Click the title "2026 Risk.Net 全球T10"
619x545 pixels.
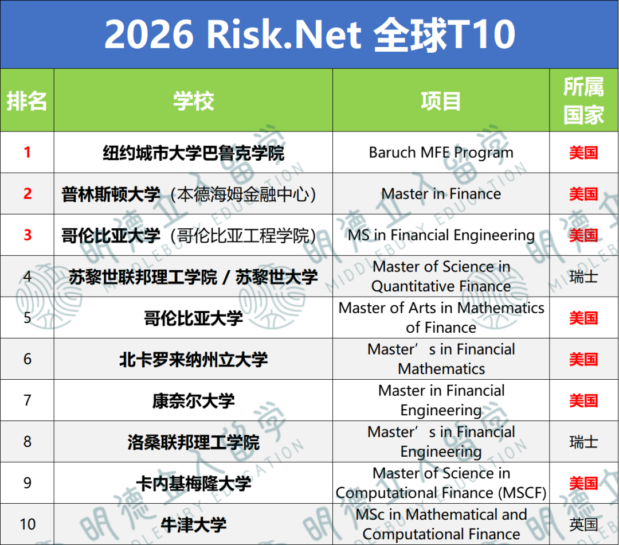(x=309, y=34)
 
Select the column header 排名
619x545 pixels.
(x=27, y=101)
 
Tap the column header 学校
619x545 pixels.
(x=193, y=101)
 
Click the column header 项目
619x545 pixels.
(x=441, y=101)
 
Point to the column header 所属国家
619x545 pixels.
(x=583, y=101)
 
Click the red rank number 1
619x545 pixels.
(x=27, y=153)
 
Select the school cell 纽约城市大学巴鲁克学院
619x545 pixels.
(x=193, y=153)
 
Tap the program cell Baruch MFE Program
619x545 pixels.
(x=441, y=153)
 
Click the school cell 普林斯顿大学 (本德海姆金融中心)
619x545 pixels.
(x=189, y=194)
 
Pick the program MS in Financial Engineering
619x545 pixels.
(x=441, y=235)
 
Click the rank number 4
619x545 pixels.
(x=27, y=277)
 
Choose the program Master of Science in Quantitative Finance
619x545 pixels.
(x=441, y=276)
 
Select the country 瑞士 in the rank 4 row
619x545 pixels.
(x=583, y=277)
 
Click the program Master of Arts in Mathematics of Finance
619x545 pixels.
(x=441, y=317)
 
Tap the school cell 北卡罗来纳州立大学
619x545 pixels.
(x=193, y=360)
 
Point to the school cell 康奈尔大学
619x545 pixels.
(x=193, y=401)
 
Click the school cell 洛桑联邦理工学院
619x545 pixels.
(x=193, y=442)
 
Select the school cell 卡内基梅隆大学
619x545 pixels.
(x=193, y=484)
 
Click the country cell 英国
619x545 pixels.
(x=583, y=524)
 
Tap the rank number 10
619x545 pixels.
(x=27, y=524)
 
